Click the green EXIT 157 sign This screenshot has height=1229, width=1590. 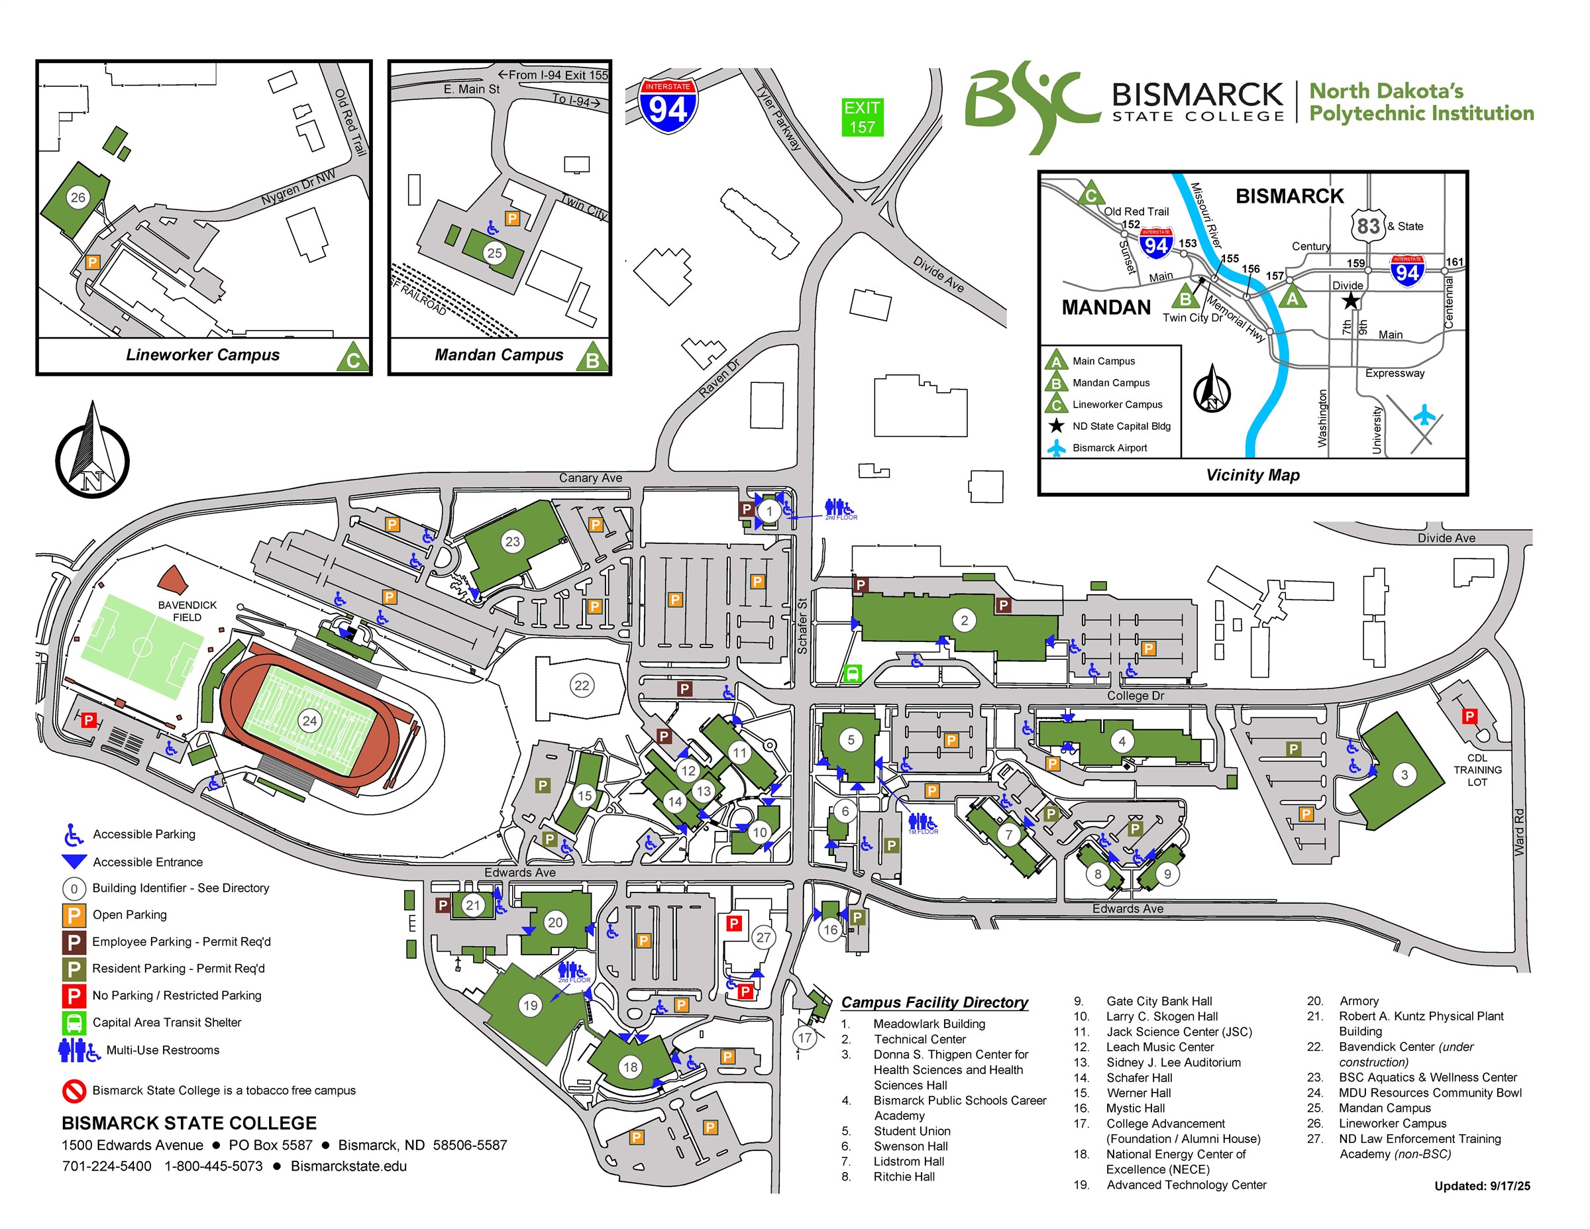coord(862,117)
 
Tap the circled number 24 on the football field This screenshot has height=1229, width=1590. coord(309,721)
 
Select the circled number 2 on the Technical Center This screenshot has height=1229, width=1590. coord(964,620)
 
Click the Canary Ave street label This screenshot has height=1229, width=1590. coord(590,478)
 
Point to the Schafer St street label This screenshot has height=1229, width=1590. coord(802,625)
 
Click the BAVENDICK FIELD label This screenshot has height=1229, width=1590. coord(187,611)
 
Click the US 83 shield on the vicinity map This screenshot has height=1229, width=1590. coord(1368,226)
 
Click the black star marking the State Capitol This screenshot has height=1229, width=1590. coord(1350,300)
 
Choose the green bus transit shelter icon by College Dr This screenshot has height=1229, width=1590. coord(851,674)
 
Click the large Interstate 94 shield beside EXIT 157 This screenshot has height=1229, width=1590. coord(668,106)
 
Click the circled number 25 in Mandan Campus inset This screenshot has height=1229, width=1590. coord(494,252)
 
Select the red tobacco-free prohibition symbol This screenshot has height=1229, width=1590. coord(74,1090)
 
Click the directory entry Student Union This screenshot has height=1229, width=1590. coord(912,1131)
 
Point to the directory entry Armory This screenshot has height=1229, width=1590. coord(1359,1000)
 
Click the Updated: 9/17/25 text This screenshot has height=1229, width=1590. coord(1481,1186)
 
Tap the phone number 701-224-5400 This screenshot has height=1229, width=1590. coord(107,1165)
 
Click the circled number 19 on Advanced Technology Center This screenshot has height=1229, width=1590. coord(530,1006)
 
